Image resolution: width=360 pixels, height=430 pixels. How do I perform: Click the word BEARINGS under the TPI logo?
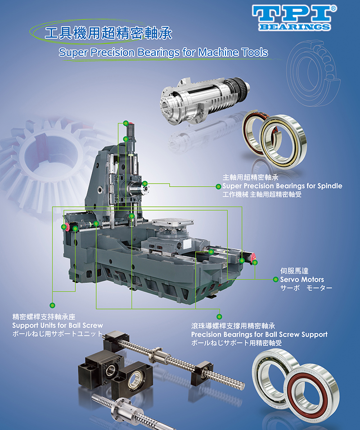pyautogui.click(x=294, y=27)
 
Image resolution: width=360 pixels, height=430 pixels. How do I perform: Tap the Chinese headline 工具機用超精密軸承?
pyautogui.click(x=108, y=33)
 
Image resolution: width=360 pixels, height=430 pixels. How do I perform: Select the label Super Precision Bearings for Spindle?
pyautogui.click(x=282, y=186)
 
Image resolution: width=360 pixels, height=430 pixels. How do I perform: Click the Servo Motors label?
pyautogui.click(x=302, y=279)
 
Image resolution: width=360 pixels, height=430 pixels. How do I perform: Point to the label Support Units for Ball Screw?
pyautogui.click(x=57, y=326)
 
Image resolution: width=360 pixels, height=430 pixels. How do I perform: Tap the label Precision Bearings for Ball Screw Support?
pyautogui.click(x=259, y=335)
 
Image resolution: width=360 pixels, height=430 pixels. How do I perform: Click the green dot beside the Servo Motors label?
pyautogui.click(x=276, y=279)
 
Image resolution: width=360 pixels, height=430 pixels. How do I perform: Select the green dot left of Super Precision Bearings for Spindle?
pyautogui.click(x=218, y=187)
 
